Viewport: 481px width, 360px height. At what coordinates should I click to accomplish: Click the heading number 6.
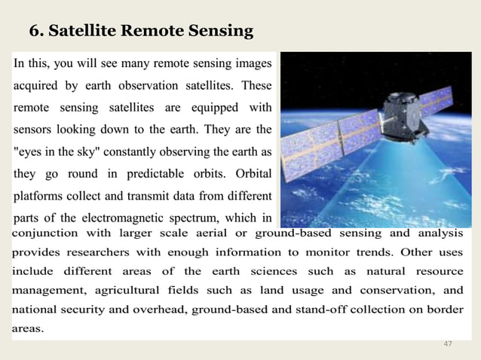(x=35, y=31)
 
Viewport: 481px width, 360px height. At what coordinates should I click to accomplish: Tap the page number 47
(x=448, y=344)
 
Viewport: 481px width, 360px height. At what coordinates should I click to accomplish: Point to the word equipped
(x=211, y=106)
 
